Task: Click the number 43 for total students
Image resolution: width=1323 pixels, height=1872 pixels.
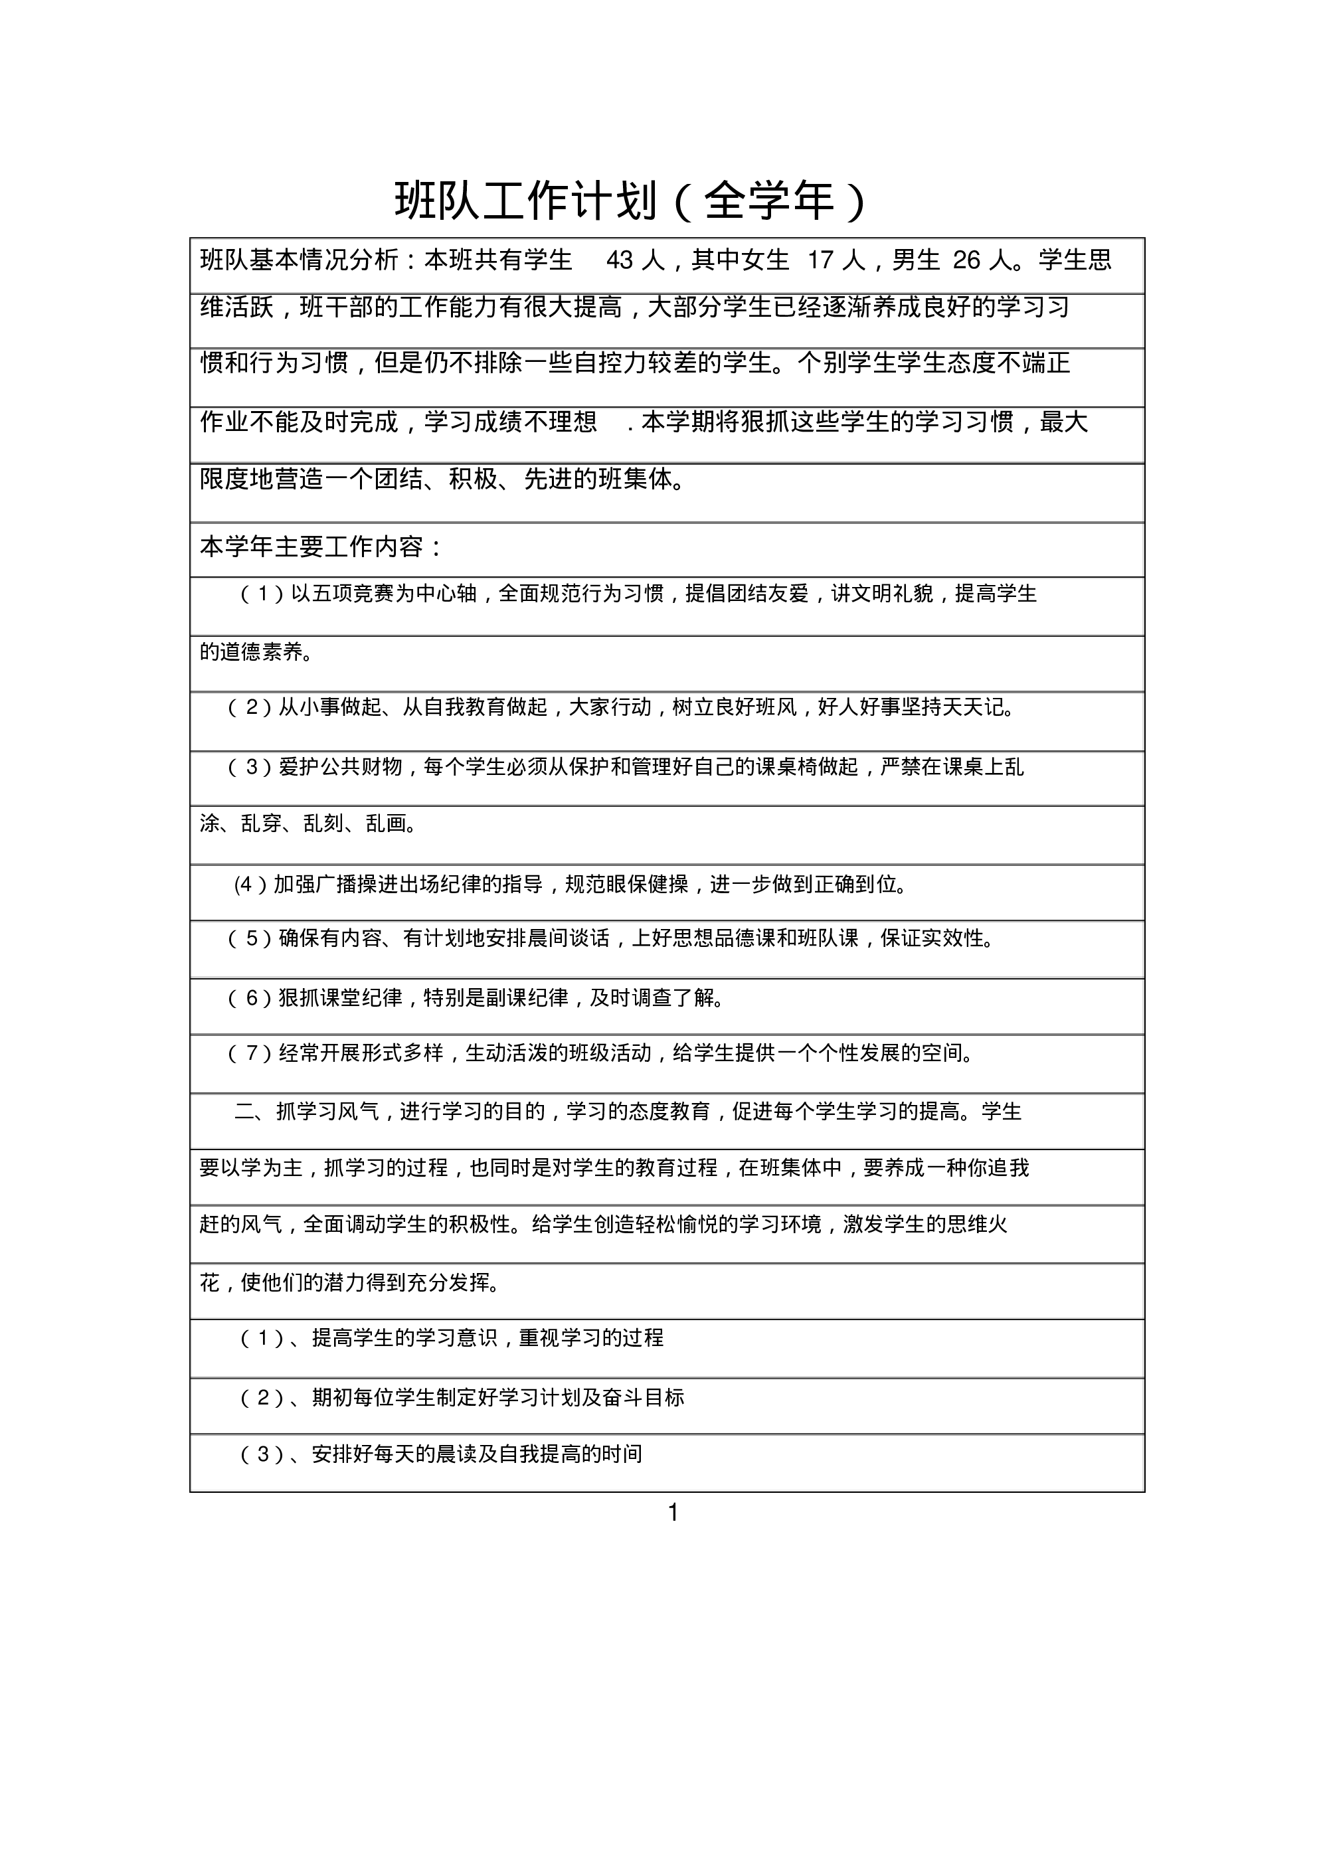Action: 620,260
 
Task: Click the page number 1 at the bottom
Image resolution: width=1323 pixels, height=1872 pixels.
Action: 673,1513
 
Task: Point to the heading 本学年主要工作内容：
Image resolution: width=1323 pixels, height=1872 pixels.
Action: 321,547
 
